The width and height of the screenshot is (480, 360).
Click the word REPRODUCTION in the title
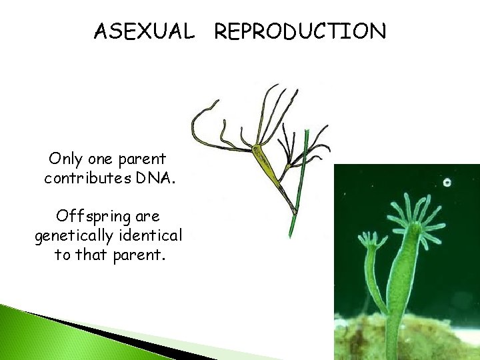pyautogui.click(x=300, y=31)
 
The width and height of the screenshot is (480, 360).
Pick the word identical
pyautogui.click(x=153, y=236)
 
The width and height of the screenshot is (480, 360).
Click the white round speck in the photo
pyautogui.click(x=447, y=182)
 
